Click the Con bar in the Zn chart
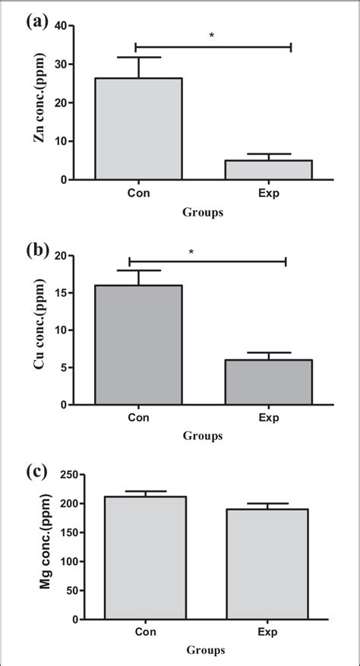138,129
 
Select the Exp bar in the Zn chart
268,170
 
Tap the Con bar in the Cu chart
138,346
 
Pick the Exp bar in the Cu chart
268,383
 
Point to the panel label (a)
36,22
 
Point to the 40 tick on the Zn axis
65,26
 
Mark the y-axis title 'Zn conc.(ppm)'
39,103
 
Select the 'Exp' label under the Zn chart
268,194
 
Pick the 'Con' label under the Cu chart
138,418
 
